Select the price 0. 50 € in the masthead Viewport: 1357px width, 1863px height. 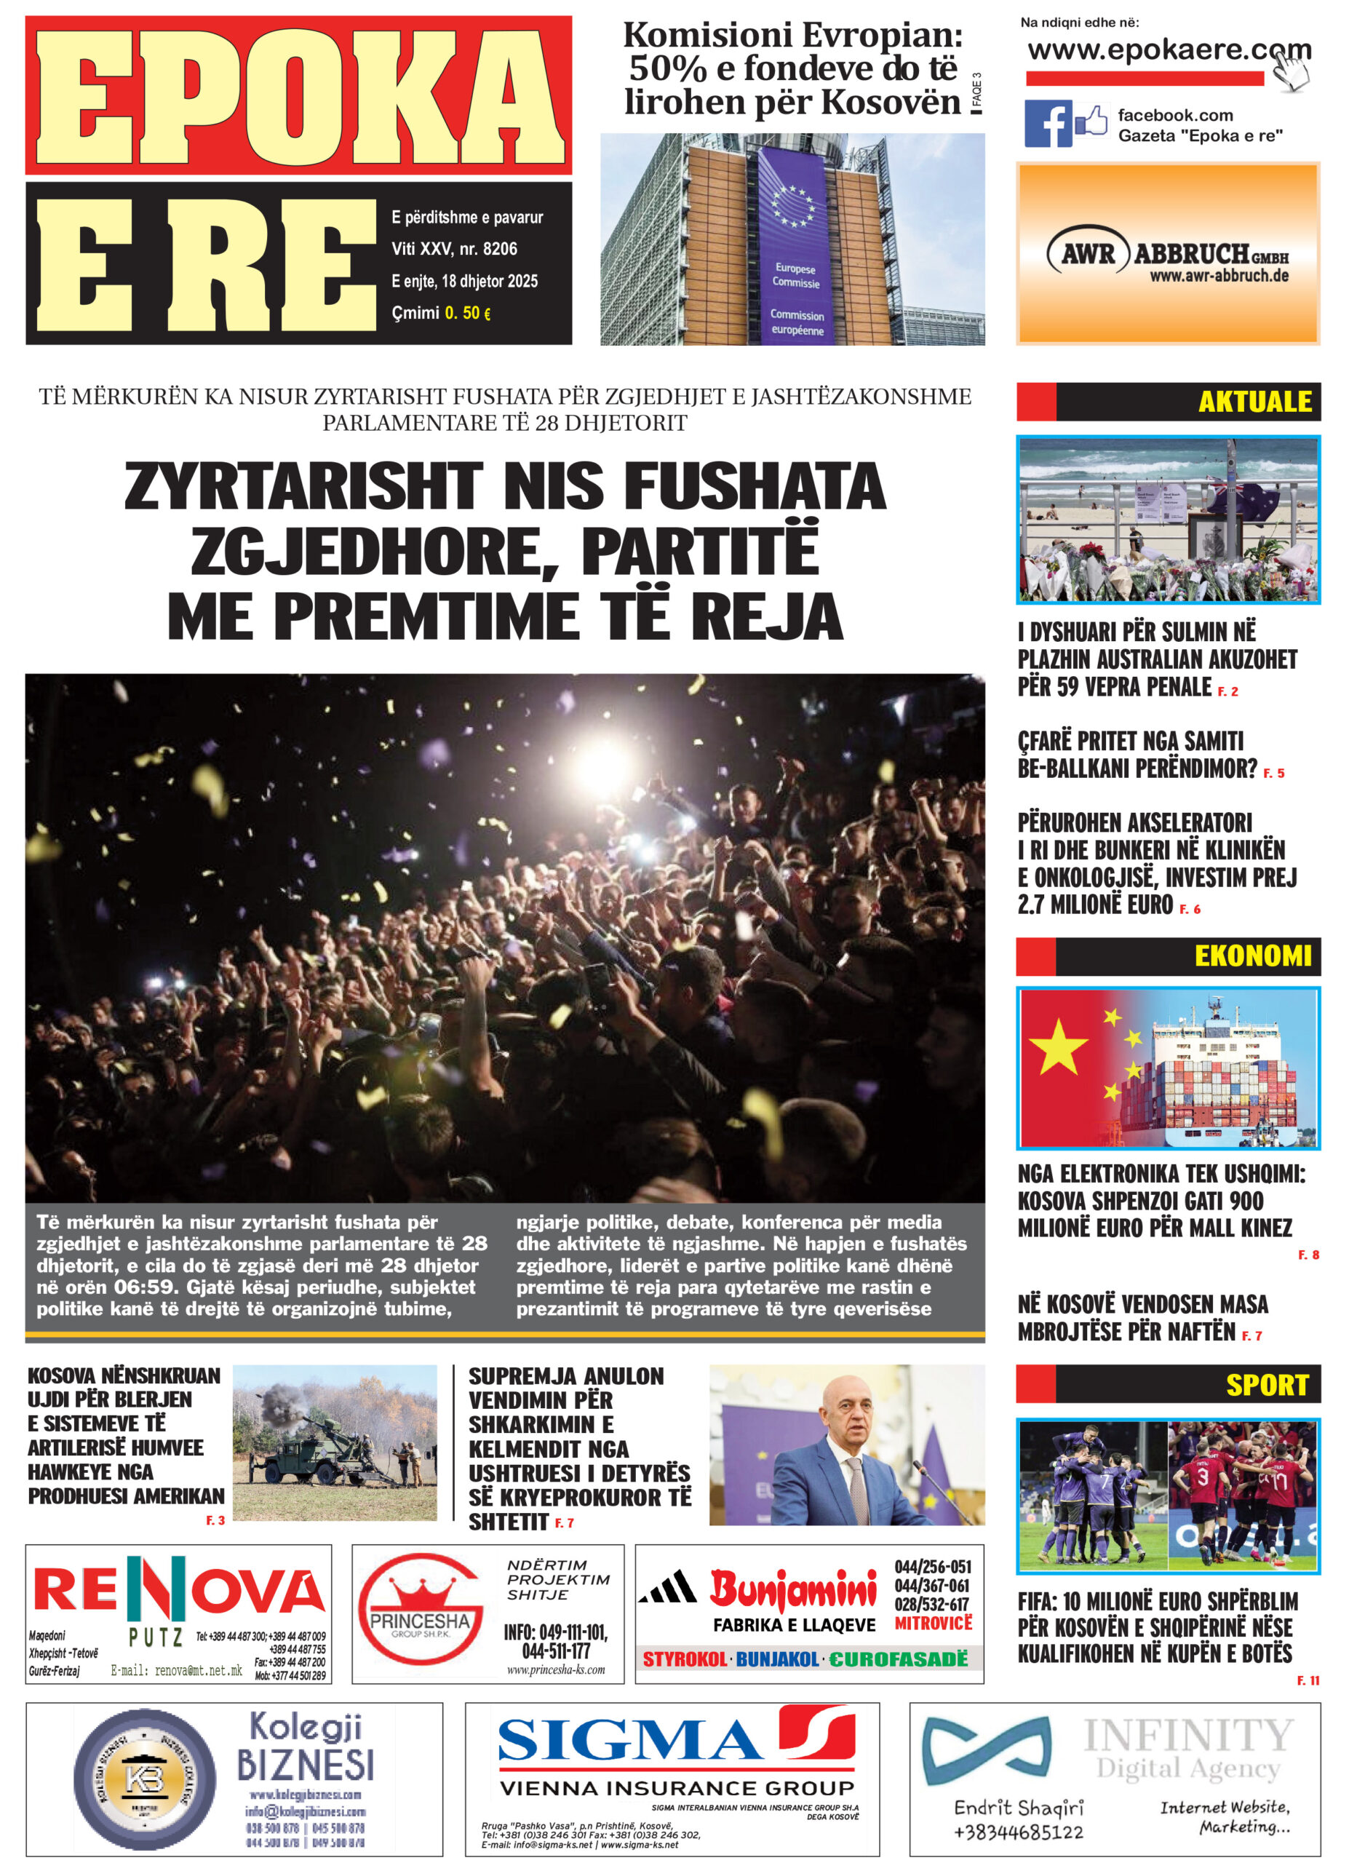(466, 313)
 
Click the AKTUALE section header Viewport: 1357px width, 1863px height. (1254, 402)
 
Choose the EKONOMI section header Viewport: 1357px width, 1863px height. (1251, 956)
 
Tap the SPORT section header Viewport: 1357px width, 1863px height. (1266, 1385)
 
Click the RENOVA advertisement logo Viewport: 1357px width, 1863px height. (178, 1593)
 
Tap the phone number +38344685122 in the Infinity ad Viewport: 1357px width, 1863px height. (1019, 1832)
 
